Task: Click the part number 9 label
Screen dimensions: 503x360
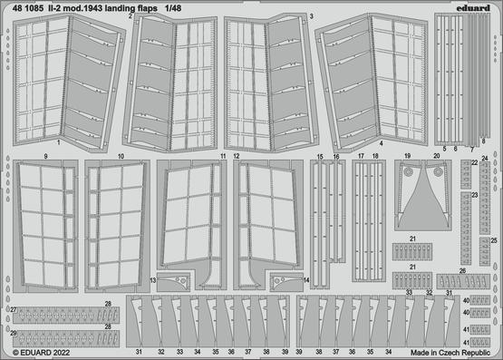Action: point(44,156)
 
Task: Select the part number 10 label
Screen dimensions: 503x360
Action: point(121,156)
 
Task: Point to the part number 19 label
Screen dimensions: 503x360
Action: point(408,156)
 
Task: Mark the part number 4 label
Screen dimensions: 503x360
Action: point(381,143)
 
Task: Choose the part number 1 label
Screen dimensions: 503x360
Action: point(58,143)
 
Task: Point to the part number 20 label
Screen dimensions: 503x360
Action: point(436,156)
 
